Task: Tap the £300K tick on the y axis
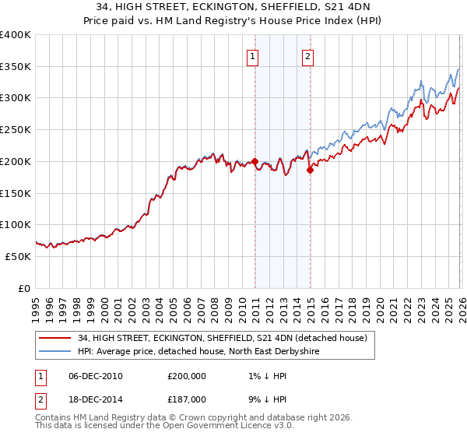pyautogui.click(x=16, y=98)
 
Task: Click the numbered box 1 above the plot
pyautogui.click(x=254, y=56)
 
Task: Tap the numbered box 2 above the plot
pyautogui.click(x=308, y=56)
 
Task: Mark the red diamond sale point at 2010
pyautogui.click(x=255, y=162)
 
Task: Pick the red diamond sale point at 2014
pyautogui.click(x=310, y=170)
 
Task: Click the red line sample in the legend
pyautogui.click(x=55, y=338)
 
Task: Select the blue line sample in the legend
pyautogui.click(x=55, y=352)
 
